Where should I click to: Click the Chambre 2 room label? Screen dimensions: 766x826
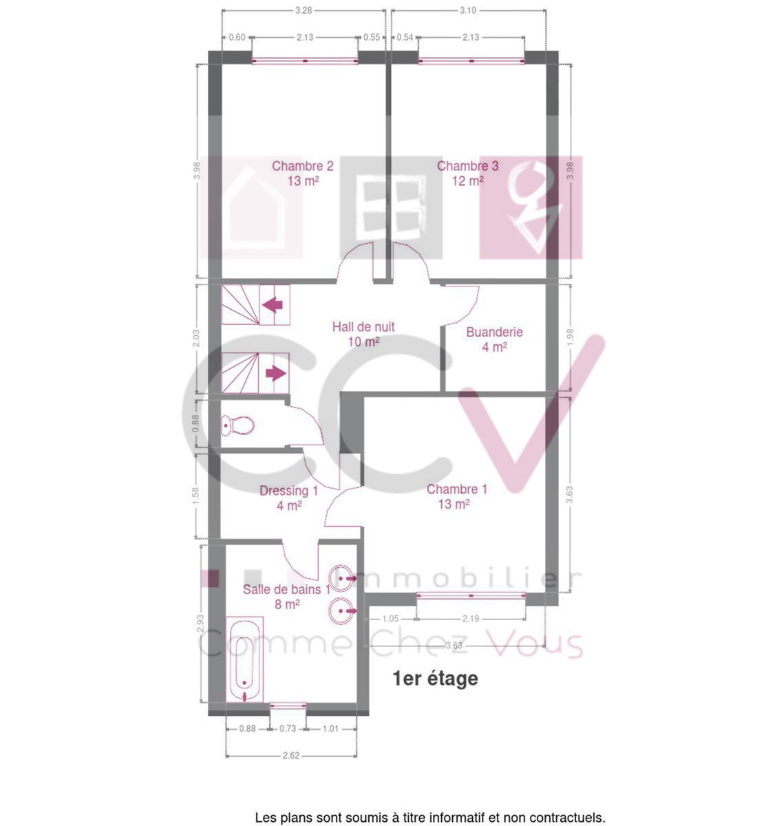[302, 173]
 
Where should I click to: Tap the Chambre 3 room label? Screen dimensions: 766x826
[467, 173]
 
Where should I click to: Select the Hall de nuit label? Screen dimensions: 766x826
[363, 334]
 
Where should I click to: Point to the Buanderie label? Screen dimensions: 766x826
[494, 339]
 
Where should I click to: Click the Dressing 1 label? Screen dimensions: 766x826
[288, 498]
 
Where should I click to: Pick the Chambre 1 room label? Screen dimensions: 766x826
[456, 496]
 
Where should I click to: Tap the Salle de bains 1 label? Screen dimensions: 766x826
[286, 596]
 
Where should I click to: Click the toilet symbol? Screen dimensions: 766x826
[237, 425]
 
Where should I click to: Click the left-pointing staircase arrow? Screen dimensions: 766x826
[273, 304]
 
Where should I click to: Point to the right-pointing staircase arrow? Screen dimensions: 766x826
[276, 373]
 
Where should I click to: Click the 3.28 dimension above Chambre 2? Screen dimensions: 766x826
[304, 10]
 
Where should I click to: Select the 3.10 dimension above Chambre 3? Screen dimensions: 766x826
[468, 10]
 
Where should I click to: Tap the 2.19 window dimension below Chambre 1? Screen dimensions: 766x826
[471, 618]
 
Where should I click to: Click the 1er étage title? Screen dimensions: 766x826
[435, 679]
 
